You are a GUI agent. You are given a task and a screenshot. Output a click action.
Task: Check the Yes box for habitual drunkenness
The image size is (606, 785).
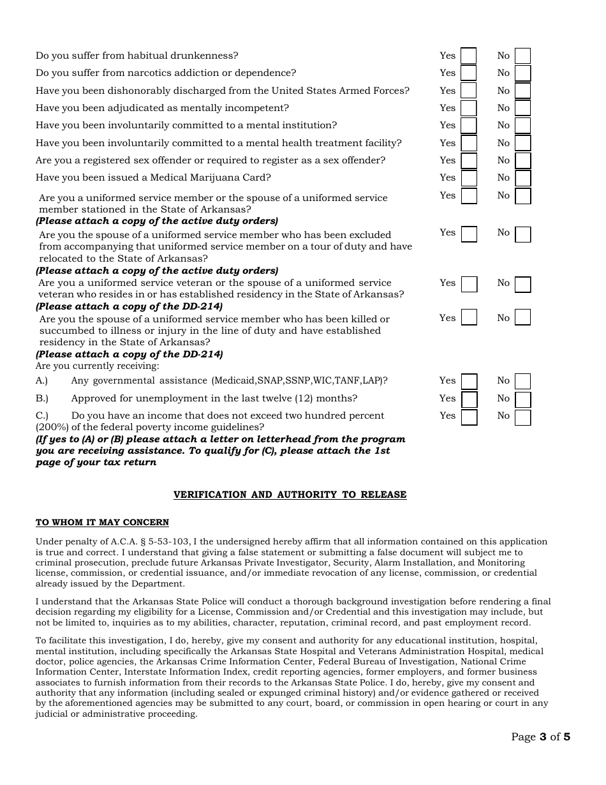pos(469,56)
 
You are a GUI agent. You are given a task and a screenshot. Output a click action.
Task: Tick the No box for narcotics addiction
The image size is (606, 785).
pos(523,73)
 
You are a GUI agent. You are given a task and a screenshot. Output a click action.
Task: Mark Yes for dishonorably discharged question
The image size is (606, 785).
pos(469,91)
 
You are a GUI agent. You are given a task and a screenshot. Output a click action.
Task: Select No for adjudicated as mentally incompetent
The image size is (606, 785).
pos(523,108)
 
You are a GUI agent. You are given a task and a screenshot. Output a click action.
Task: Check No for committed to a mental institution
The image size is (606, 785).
pos(523,126)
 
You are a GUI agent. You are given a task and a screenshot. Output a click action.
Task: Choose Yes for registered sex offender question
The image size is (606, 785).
pos(469,160)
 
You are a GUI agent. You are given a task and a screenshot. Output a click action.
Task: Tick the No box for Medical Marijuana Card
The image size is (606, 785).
pos(523,178)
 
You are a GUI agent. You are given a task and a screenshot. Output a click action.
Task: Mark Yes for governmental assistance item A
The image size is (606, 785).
pos(469,382)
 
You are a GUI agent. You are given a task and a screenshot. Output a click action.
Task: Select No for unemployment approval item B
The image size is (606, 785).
pos(523,400)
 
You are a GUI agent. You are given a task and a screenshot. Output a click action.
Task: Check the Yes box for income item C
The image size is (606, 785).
pos(469,417)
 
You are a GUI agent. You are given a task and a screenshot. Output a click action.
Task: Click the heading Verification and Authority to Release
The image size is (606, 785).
pos(290,495)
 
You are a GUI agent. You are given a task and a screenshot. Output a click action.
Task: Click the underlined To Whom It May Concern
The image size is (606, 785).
pos(102,522)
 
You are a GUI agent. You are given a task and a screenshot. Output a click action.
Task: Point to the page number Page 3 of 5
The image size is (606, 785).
pos(540,736)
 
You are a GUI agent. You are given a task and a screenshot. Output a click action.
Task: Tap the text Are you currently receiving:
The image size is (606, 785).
pos(97,366)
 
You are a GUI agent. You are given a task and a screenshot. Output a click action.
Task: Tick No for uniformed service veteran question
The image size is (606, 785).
pos(522,284)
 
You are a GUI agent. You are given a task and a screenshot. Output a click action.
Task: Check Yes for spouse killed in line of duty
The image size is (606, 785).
pos(469,317)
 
